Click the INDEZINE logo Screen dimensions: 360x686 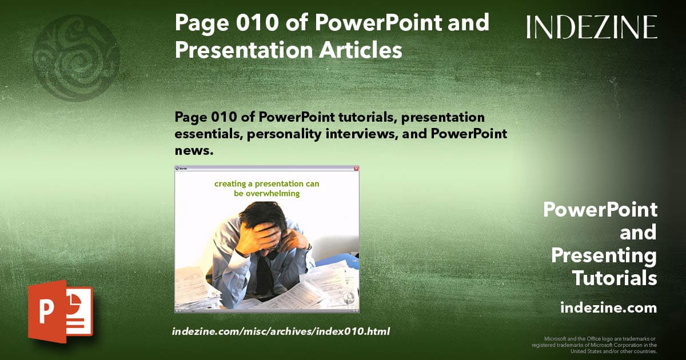(592, 27)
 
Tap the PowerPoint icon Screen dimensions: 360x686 (61, 311)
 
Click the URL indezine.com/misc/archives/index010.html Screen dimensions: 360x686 (281, 331)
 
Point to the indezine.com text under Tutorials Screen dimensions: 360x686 (608, 308)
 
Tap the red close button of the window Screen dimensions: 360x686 (356, 169)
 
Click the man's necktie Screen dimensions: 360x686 (264, 274)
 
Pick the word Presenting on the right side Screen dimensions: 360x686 (604, 255)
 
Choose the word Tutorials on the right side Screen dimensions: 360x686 (615, 278)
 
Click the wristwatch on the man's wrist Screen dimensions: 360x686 (309, 246)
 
